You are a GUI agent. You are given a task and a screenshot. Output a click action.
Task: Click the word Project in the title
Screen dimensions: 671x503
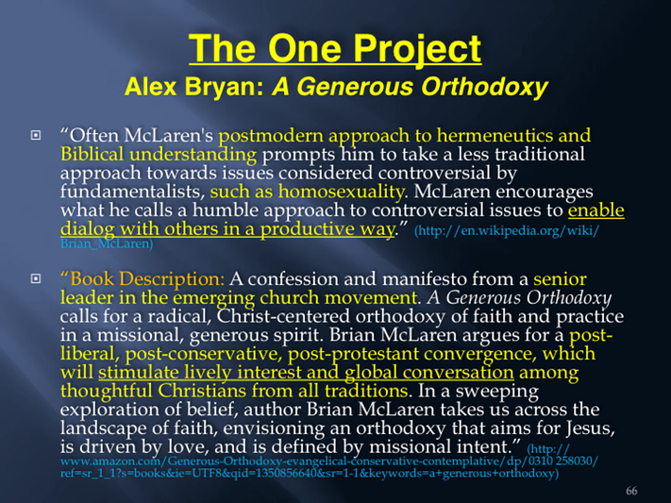pos(418,50)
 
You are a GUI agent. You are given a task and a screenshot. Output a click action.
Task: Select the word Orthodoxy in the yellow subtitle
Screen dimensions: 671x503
pos(484,88)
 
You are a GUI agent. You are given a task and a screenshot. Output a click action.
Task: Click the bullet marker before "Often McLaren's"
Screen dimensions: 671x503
pos(36,136)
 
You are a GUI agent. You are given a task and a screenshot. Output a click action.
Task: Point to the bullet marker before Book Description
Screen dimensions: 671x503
pos(36,279)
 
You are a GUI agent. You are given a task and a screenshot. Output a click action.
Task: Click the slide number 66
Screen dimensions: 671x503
pos(631,491)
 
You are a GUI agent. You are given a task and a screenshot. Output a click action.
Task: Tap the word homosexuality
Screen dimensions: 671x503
pos(341,192)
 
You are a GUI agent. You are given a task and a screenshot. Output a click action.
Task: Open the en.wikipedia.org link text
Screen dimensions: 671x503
pos(507,230)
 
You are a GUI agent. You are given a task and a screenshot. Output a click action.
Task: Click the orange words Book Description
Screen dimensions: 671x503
pos(143,279)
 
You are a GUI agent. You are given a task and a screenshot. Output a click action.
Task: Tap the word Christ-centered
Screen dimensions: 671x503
pos(284,316)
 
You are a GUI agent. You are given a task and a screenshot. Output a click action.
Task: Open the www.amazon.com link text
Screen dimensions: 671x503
pos(329,461)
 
